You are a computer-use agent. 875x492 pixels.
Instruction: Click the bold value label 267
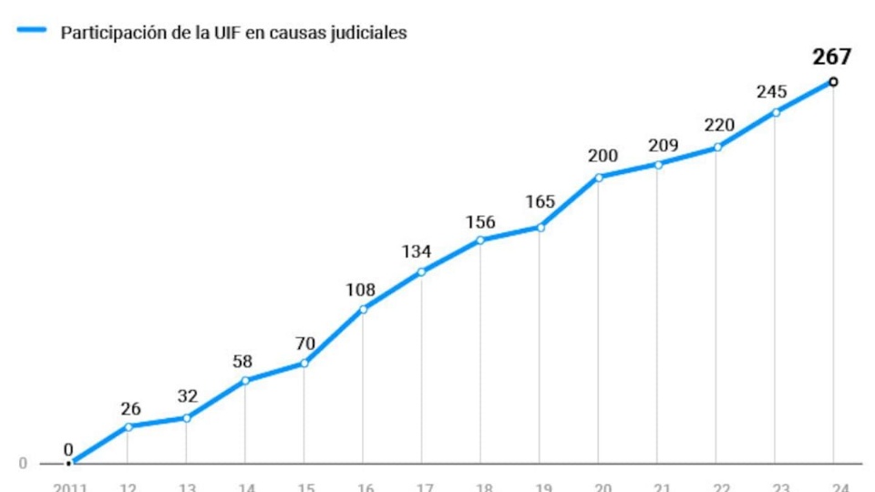(831, 57)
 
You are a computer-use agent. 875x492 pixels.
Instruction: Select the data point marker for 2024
(833, 82)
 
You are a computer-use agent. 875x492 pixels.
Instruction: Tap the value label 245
(774, 92)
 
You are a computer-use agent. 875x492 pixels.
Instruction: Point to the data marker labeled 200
(599, 177)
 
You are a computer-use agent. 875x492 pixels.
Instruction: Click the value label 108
(361, 291)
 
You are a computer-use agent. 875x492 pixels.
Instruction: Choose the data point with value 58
(245, 380)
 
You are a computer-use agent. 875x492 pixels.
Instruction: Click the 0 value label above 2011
(68, 448)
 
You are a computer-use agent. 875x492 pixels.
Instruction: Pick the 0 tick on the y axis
(23, 464)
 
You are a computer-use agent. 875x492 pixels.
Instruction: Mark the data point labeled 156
(480, 241)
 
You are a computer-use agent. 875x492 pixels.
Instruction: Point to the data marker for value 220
(717, 147)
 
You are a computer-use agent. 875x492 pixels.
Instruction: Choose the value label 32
(186, 396)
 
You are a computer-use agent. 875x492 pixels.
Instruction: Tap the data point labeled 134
(421, 272)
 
